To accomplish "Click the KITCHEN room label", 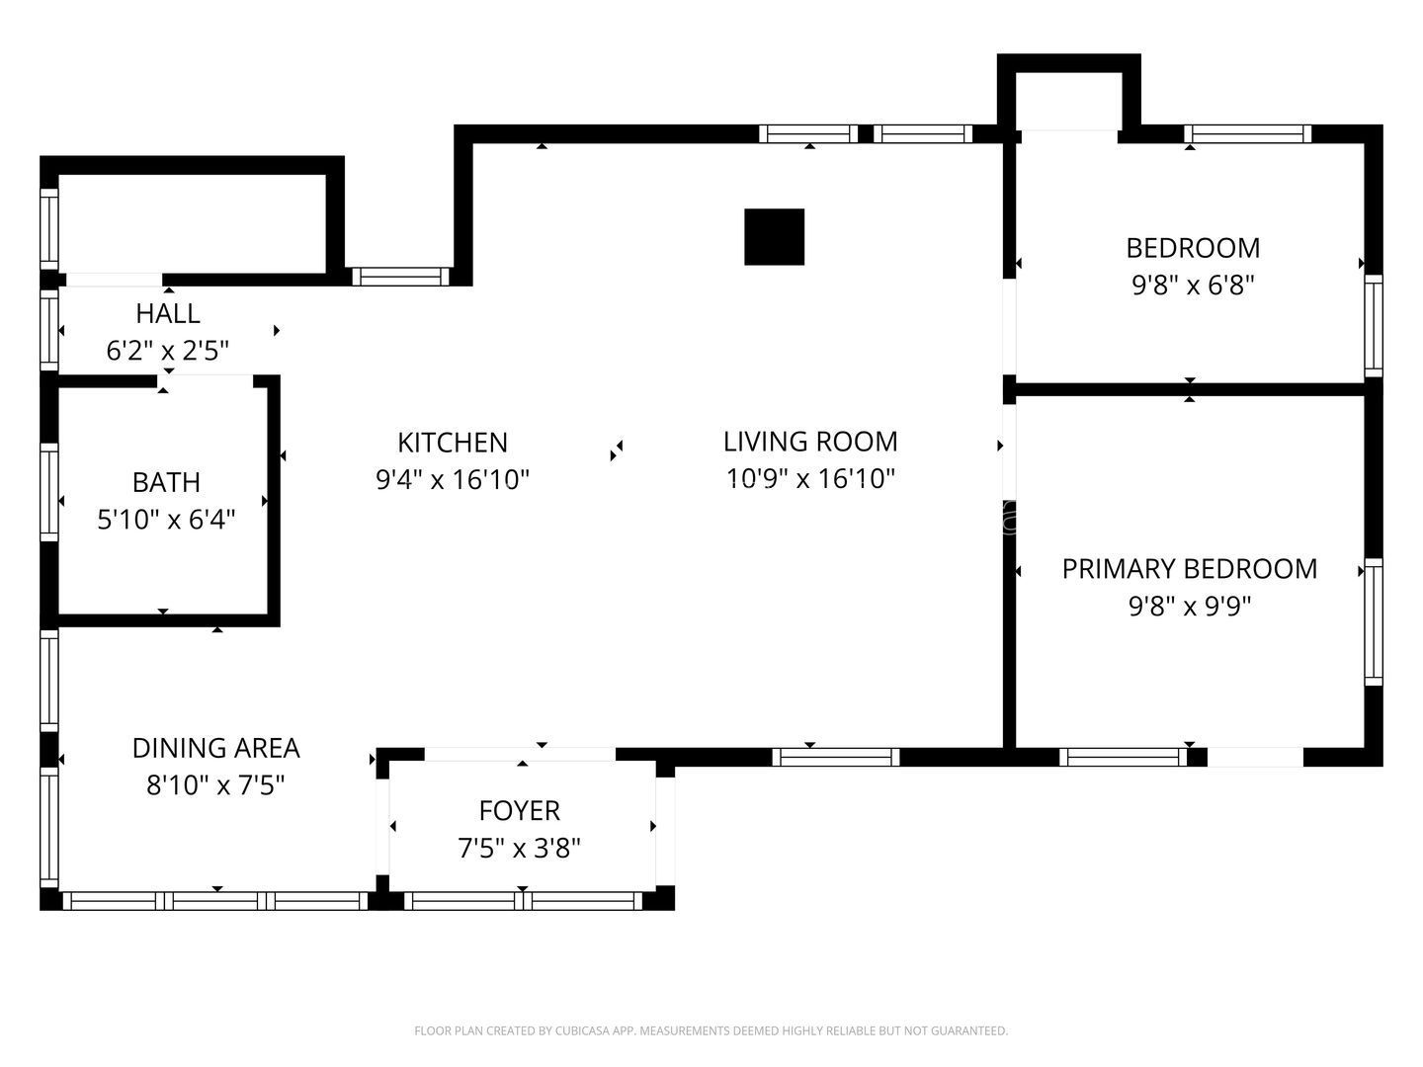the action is pos(452,444).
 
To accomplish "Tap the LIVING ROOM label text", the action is pos(810,442).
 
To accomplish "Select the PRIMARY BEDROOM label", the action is pos(1190,569).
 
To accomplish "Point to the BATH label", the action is pos(166,483).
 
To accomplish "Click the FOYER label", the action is pos(519,810).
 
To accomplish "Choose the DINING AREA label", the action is pos(215,748).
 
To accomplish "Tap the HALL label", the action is pos(168,313).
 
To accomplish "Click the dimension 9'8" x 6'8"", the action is pos(1193,286).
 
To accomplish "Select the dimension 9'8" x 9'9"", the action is pos(1190,607).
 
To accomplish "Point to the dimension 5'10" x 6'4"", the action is pos(166,520).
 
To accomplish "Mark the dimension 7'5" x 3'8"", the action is pos(519,848).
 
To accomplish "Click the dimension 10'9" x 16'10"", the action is pos(810,479).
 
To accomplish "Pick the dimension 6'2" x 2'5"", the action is pos(168,351).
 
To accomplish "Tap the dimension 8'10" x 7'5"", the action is pos(215,785).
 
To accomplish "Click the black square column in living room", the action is pos(774,236).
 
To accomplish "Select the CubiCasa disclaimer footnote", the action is pos(711,1030).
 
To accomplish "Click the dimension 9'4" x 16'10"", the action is pos(453,480).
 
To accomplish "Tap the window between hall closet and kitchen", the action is pos(400,277).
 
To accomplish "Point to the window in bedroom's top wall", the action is pos(1248,134).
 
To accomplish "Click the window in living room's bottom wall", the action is pos(836,758).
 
